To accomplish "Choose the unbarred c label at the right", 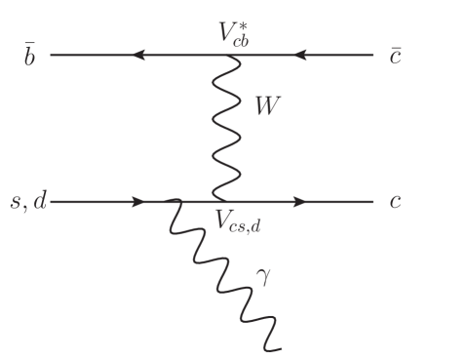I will pos(395,203).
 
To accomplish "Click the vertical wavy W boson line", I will pos(226,127).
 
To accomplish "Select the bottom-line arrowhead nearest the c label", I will pos(298,202).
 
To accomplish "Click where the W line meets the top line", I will pos(227,56).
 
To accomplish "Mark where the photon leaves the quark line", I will pos(171,202).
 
